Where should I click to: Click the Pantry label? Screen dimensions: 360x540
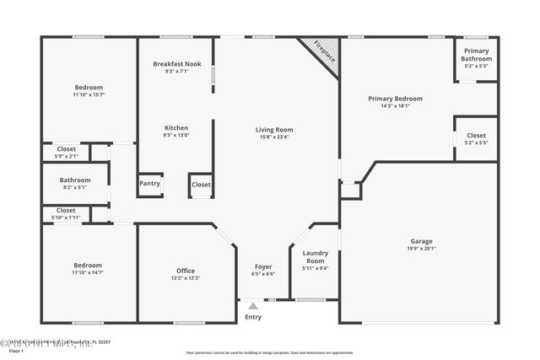pyautogui.click(x=149, y=183)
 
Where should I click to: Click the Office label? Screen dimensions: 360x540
pyautogui.click(x=186, y=271)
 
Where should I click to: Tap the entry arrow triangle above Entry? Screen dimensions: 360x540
pyautogui.click(x=253, y=307)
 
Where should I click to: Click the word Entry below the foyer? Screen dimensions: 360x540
pyautogui.click(x=253, y=317)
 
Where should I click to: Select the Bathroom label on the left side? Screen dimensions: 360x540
pyautogui.click(x=74, y=180)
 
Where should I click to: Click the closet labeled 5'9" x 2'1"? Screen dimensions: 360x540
pyautogui.click(x=66, y=155)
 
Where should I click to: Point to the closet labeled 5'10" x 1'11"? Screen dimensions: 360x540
pyautogui.click(x=66, y=218)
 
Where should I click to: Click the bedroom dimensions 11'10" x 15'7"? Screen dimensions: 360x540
pyautogui.click(x=89, y=94)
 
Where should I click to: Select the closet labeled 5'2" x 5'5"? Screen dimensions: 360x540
pyautogui.click(x=476, y=142)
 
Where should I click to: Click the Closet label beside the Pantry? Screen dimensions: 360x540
pyautogui.click(x=201, y=185)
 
